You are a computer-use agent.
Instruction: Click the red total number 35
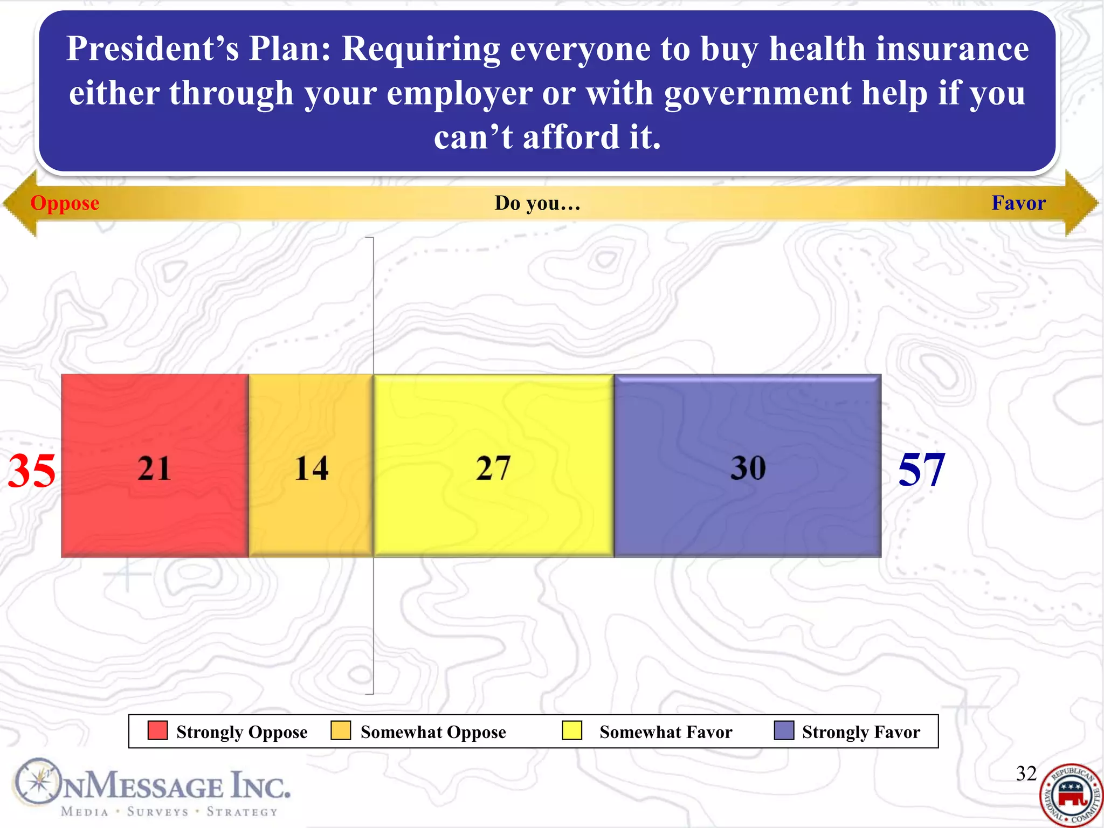pyautogui.click(x=31, y=471)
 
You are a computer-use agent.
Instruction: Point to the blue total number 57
pyautogui.click(x=921, y=470)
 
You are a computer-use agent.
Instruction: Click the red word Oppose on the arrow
pyautogui.click(x=65, y=203)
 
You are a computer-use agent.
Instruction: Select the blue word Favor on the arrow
pyautogui.click(x=1018, y=203)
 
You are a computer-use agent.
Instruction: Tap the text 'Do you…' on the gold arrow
pyautogui.click(x=537, y=203)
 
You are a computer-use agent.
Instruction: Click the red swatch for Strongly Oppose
pyautogui.click(x=157, y=731)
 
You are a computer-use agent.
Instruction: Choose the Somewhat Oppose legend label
pyautogui.click(x=433, y=732)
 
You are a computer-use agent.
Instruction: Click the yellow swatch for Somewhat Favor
pyautogui.click(x=571, y=731)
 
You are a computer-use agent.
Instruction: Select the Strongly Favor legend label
pyautogui.click(x=861, y=732)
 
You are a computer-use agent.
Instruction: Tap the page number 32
pyautogui.click(x=1026, y=774)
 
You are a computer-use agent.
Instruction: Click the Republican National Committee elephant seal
pyautogui.click(x=1071, y=796)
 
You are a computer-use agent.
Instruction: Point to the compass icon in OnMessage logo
pyautogui.click(x=37, y=782)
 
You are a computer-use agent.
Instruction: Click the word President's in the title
pyautogui.click(x=152, y=49)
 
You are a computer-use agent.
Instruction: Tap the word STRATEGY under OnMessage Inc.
pyautogui.click(x=242, y=812)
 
